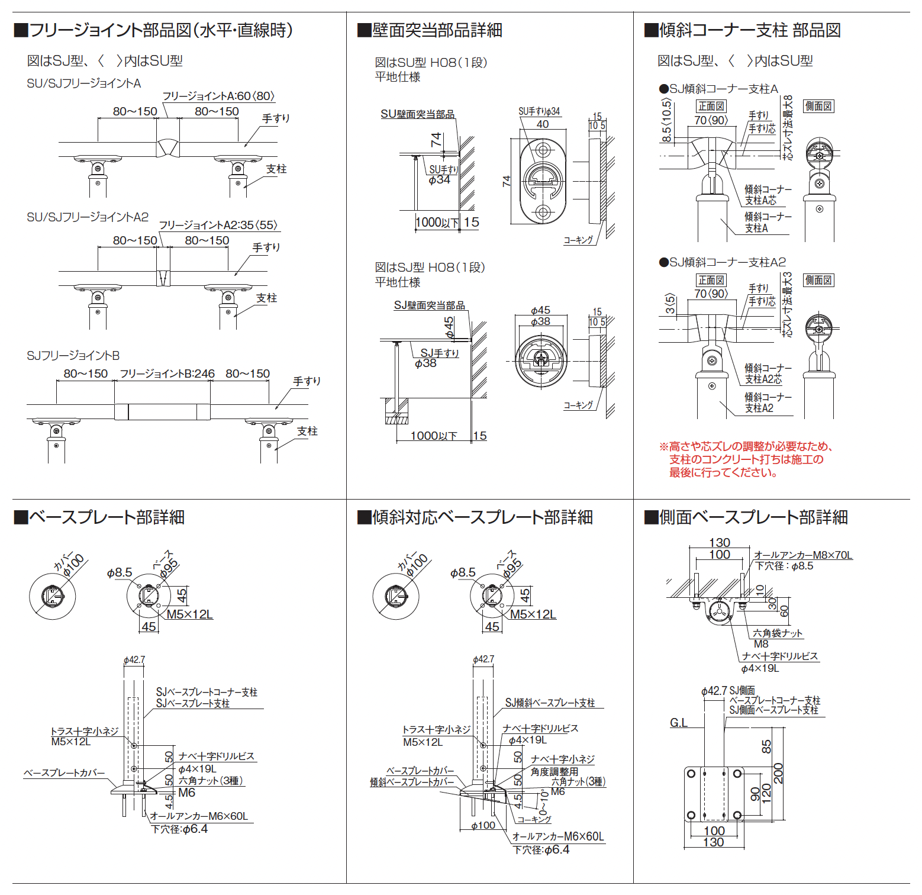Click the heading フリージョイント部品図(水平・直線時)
154,30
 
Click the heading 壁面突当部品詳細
430,30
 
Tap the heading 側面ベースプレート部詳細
746,517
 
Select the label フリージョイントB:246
167,374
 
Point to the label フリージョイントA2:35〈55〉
218,226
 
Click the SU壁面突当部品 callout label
417,114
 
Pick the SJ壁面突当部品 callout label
429,305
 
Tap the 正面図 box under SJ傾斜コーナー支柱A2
711,281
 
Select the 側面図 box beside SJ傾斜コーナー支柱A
818,107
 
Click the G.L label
679,723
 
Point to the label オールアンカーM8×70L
803,555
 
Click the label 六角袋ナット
777,633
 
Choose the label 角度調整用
554,772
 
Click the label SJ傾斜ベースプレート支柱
550,703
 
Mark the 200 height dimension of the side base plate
778,773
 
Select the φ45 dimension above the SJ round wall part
540,311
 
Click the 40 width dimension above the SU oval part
543,124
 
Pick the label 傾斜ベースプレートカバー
412,783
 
